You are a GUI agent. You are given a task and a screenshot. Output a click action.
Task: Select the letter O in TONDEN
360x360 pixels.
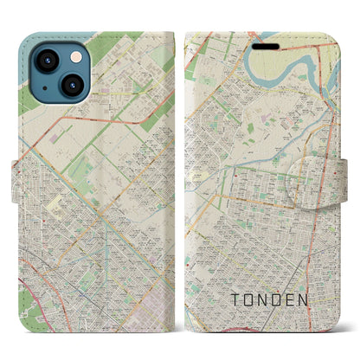pyautogui.click(x=251, y=299)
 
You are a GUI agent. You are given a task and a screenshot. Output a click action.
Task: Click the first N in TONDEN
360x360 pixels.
pyautogui.click(x=269, y=299)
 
